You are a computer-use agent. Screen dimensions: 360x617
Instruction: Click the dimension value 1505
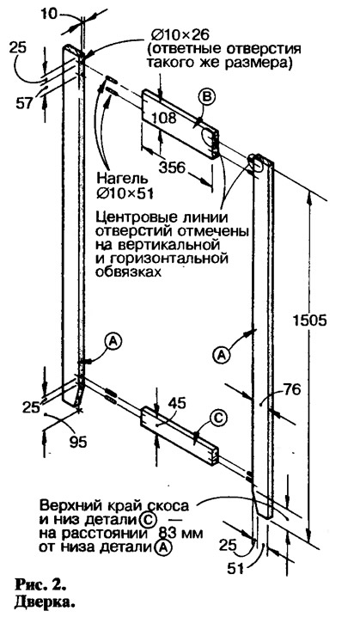point(309,321)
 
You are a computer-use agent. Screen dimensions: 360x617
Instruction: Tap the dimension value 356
point(172,168)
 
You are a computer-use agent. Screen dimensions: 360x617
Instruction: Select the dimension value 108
point(163,117)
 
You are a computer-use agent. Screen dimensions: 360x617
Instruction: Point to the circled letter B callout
point(206,98)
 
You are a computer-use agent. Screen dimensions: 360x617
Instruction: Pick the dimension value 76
point(291,389)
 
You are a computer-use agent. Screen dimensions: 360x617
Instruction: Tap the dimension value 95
point(78,443)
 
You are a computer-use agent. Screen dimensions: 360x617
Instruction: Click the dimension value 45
point(176,402)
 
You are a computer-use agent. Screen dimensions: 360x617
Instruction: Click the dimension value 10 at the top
point(49,13)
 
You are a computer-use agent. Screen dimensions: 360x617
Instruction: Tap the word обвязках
point(129,272)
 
